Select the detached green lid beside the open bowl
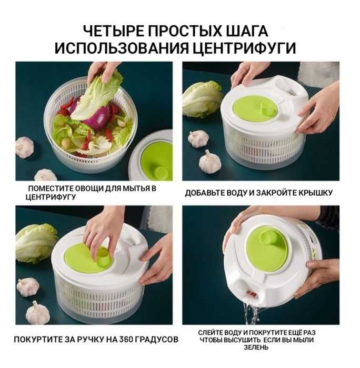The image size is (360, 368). coord(156,157)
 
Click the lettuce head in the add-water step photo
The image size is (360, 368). coord(202,98)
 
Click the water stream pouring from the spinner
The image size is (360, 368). coord(252,313)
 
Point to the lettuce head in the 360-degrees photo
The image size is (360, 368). coord(35,243)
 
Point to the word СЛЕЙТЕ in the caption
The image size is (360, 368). coord(212,333)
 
